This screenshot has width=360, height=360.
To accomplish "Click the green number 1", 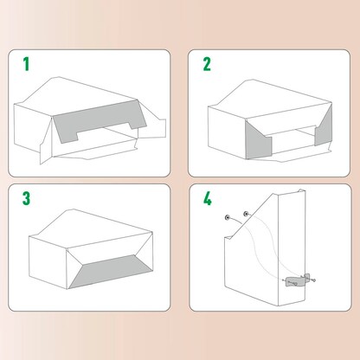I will (26, 64).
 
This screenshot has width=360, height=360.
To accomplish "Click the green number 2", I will (207, 64).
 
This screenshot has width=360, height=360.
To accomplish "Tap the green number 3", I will (27, 198).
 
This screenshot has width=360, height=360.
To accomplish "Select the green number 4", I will (208, 198).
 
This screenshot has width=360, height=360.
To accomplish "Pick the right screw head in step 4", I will (246, 213).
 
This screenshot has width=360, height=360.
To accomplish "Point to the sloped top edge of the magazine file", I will (277, 202).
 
